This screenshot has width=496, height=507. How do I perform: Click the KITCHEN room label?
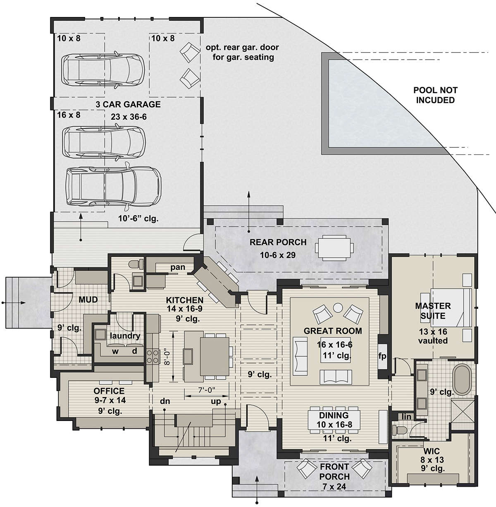tap(184, 300)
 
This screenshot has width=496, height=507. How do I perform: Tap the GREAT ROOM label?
tap(333, 331)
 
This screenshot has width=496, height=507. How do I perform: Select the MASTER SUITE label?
tap(433, 311)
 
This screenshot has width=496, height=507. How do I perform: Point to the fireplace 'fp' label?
tap(382, 356)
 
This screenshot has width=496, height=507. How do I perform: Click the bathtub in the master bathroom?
tap(462, 378)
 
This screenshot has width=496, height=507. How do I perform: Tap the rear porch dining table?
tap(334, 247)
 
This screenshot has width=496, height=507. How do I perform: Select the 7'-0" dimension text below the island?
tap(206, 390)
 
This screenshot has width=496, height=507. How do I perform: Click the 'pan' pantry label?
tap(178, 267)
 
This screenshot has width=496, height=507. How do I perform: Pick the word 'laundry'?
tap(125, 336)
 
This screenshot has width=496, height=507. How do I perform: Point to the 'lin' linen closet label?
tap(406, 416)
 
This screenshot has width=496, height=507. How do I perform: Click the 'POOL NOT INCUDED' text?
tap(435, 95)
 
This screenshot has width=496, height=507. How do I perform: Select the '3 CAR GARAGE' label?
tap(128, 104)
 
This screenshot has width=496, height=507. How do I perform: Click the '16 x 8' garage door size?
tap(69, 115)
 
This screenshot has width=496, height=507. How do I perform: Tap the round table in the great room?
tap(338, 308)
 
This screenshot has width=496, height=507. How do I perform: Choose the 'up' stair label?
tap(216, 402)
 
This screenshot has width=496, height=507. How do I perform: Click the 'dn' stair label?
tap(165, 401)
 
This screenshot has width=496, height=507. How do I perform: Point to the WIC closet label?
tap(432, 451)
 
